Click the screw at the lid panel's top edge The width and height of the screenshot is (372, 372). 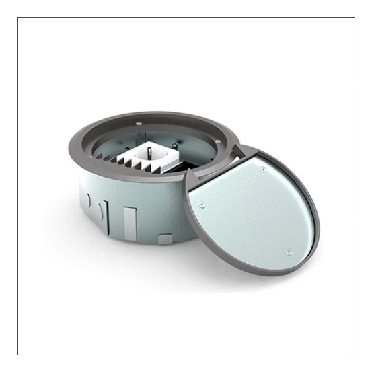tap(263, 170)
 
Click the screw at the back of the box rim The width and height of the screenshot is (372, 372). tap(138, 124)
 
